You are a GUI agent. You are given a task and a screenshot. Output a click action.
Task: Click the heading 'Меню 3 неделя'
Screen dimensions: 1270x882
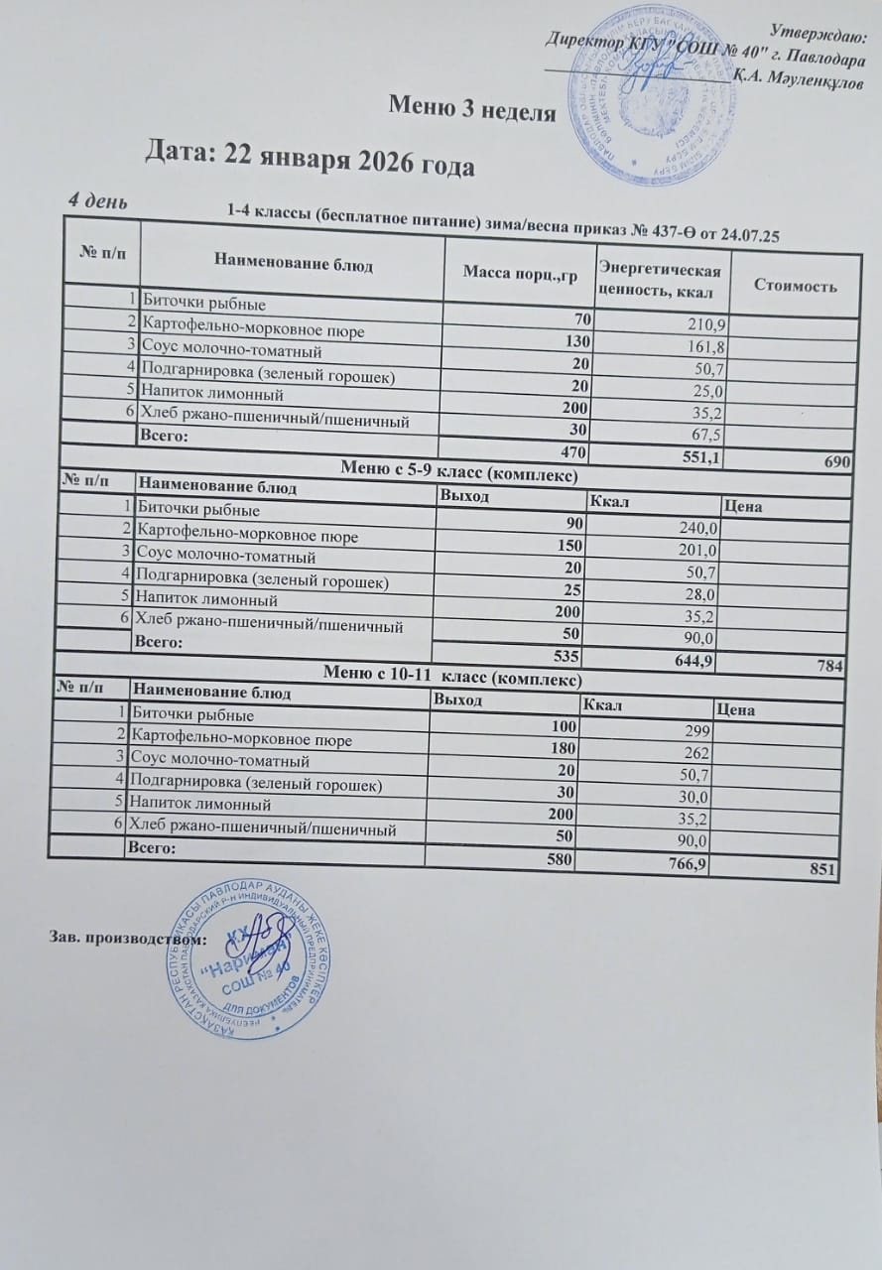point(471,106)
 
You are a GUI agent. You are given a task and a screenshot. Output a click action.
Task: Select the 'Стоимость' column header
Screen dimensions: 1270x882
point(796,286)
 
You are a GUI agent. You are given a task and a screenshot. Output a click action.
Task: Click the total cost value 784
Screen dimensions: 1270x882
point(830,667)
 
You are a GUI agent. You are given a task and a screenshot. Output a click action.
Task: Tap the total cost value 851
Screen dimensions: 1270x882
point(824,870)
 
